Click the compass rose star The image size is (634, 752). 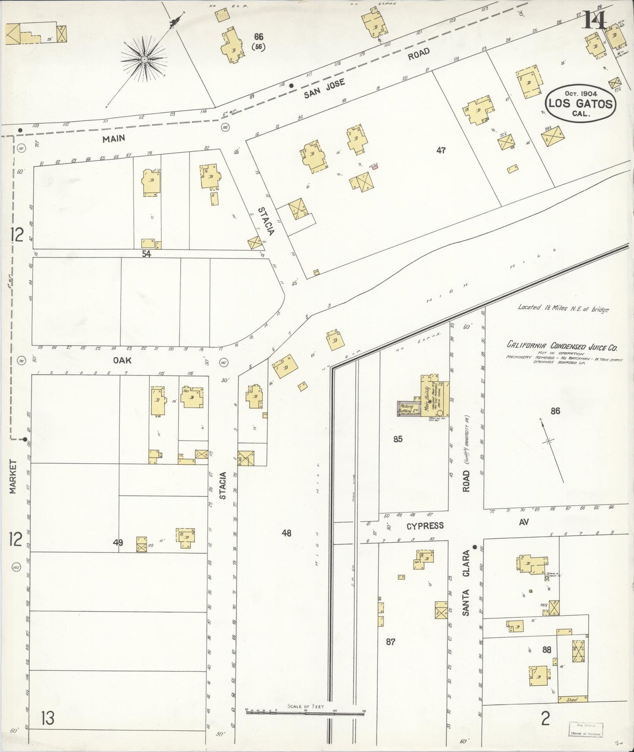click(144, 60)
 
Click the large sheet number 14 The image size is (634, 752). click(594, 19)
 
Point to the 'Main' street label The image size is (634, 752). click(114, 139)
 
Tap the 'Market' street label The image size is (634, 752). click(13, 476)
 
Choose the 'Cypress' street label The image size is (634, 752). click(425, 526)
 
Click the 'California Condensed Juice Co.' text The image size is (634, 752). click(562, 347)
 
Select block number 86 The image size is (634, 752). click(555, 411)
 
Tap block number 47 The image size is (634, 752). click(441, 150)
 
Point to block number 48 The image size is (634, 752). click(287, 533)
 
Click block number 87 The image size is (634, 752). click(390, 642)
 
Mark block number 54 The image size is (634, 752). click(146, 254)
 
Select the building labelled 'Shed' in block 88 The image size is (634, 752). click(571, 700)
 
